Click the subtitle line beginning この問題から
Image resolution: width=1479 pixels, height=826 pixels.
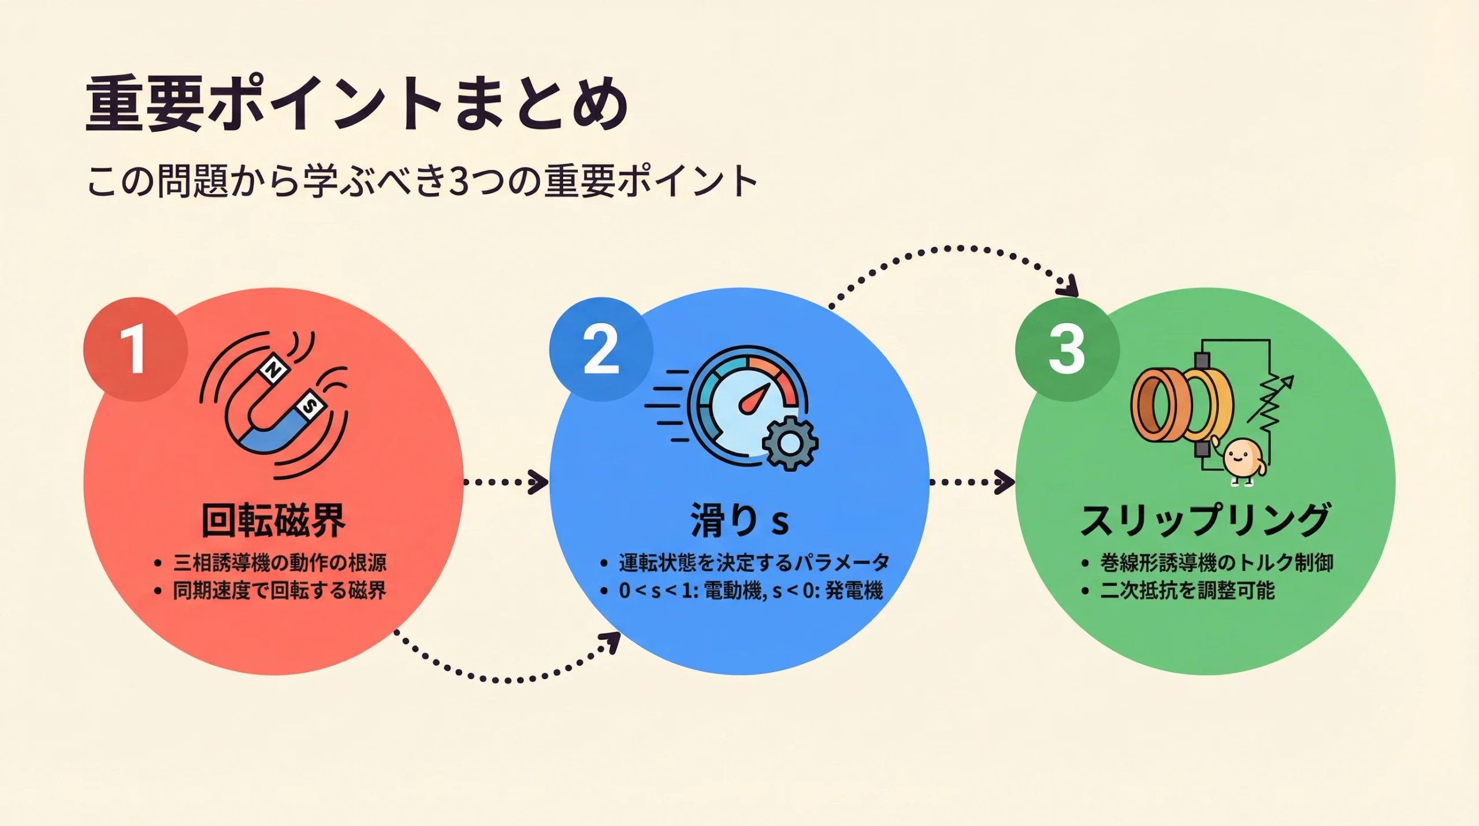pos(422,182)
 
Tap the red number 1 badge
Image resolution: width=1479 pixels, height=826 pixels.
pos(135,349)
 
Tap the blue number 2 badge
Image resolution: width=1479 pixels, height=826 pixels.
pos(601,349)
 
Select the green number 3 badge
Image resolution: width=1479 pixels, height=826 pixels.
pos(1066,349)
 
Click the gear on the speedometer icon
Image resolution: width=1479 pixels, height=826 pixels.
pos(790,443)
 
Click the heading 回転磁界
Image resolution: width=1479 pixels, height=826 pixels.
pos(273,521)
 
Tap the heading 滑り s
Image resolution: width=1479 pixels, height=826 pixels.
pos(739,521)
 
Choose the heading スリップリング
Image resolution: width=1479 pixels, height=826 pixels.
pos(1205,520)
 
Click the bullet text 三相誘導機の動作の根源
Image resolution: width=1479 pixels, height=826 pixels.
pos(280,562)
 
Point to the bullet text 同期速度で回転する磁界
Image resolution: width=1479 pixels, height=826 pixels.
pos(280,591)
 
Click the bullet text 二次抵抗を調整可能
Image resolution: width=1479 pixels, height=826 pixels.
pos(1187,591)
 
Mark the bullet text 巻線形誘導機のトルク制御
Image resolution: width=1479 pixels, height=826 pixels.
pos(1216,562)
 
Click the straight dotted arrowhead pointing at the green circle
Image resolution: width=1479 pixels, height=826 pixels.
pos(1005,482)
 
